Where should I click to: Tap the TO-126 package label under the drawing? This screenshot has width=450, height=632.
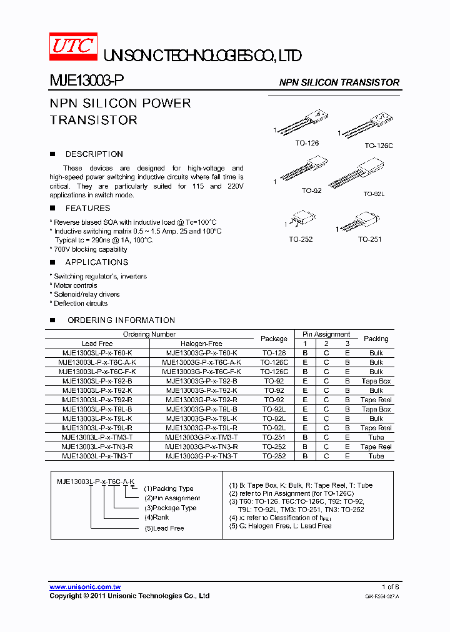(307, 143)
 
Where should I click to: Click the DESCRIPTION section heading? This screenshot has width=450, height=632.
(94, 154)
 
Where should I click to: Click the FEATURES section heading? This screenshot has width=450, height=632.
(87, 209)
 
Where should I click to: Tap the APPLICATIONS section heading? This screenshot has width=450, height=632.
(96, 262)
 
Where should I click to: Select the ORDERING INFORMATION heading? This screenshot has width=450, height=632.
(121, 320)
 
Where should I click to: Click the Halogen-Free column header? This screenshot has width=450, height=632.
(201, 343)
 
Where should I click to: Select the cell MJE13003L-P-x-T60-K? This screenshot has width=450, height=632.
(97, 353)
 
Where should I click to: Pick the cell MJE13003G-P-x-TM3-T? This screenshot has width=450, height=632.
(201, 437)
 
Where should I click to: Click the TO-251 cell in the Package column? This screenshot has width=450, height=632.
(274, 437)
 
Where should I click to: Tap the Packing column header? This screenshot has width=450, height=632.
(376, 338)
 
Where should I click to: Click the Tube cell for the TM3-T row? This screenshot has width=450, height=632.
(376, 437)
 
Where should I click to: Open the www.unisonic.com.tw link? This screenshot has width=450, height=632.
(85, 587)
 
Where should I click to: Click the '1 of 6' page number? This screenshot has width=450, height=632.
(390, 587)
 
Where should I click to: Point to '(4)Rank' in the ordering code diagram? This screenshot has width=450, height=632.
(157, 518)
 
